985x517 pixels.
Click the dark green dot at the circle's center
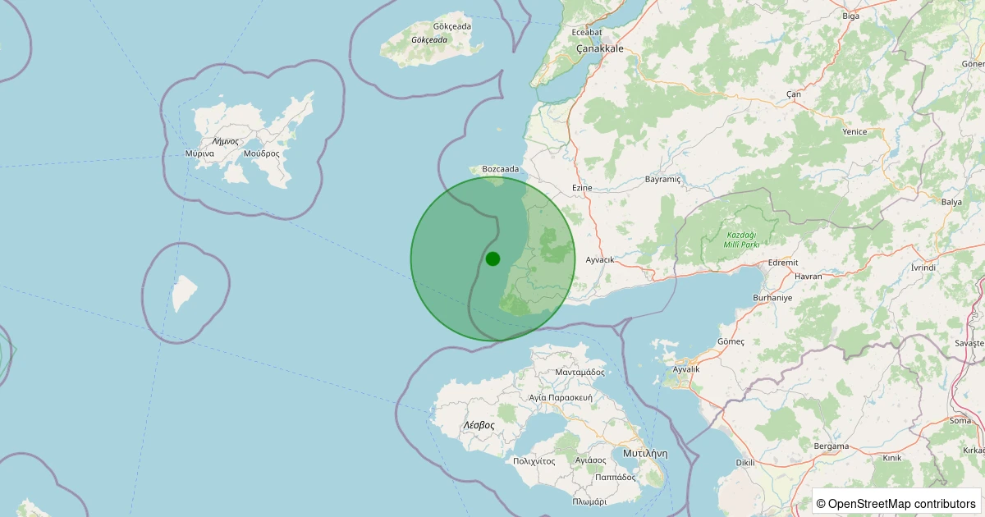492,258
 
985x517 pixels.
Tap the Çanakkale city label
600,48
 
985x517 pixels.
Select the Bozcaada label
501,169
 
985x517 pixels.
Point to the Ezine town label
582,188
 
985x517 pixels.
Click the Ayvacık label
600,259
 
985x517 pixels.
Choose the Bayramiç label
663,179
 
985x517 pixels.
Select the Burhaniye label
773,298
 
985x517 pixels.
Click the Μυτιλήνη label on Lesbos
645,453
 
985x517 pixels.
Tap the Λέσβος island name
479,425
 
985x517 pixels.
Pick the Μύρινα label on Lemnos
200,153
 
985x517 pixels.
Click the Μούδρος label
262,153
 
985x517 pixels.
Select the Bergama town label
831,446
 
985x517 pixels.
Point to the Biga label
851,16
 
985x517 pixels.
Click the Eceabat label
587,32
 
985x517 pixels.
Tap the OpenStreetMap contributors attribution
896,503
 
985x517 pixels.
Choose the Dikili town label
744,463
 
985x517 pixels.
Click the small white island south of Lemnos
184,293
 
